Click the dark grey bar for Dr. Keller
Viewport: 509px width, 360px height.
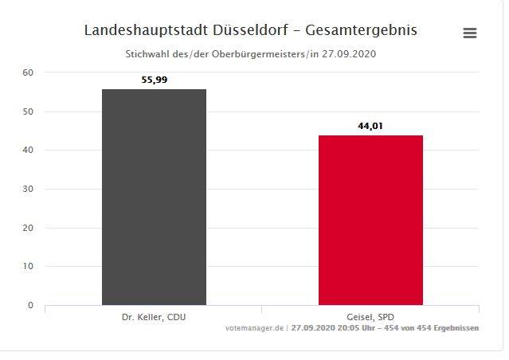pos(154,197)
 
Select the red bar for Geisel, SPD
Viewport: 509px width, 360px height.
pos(370,220)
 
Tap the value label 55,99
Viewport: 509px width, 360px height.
pos(154,80)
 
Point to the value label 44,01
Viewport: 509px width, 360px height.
pos(370,126)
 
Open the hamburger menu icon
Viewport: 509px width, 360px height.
pos(470,33)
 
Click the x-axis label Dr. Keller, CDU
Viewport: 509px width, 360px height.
pos(154,316)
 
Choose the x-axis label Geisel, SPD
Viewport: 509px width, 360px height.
pos(370,316)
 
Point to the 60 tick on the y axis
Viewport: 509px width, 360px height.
pos(28,72)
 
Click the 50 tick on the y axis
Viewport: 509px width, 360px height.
pos(28,112)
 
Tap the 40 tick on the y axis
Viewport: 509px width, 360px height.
pos(28,150)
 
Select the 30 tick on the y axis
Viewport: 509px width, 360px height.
pos(28,189)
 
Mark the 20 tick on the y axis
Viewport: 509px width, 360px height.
pos(28,228)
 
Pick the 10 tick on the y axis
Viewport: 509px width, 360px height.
pos(28,266)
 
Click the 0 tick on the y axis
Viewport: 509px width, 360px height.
pos(30,305)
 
